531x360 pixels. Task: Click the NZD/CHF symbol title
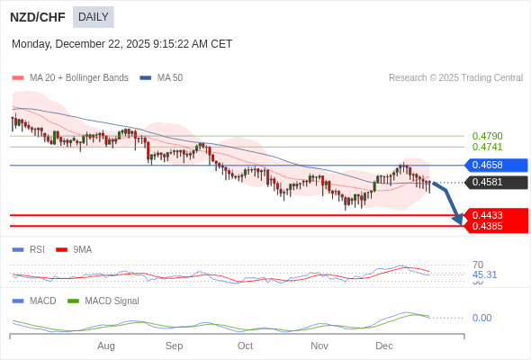click(37, 16)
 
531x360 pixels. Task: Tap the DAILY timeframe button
click(94, 16)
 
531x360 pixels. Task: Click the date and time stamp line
click(121, 44)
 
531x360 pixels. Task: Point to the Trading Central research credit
click(455, 78)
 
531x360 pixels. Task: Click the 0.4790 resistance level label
click(487, 136)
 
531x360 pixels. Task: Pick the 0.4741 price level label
click(487, 147)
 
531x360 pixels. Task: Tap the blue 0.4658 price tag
click(495, 165)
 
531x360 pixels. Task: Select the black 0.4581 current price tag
click(495, 182)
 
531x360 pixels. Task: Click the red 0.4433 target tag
click(495, 215)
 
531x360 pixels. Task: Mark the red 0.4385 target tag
click(495, 226)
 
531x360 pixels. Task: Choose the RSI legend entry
click(36, 249)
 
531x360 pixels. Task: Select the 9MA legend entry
click(82, 249)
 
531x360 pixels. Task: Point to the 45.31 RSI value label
click(484, 274)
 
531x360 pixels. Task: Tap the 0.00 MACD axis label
click(481, 318)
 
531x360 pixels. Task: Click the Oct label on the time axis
click(245, 346)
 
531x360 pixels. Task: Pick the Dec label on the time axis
click(384, 346)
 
